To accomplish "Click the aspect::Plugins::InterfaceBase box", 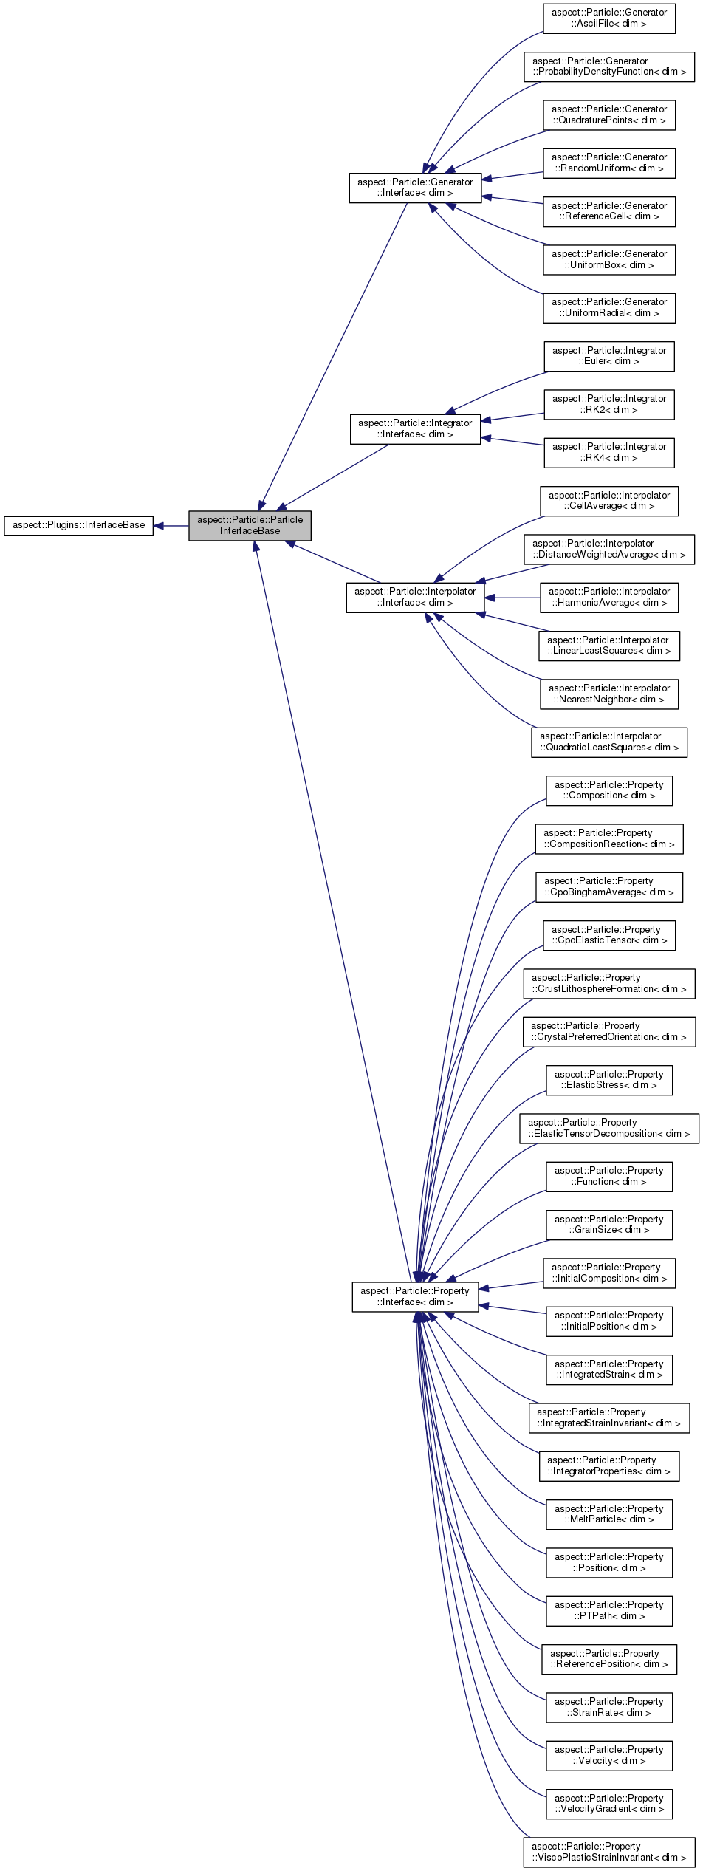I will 78,525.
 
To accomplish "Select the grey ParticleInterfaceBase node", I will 250,525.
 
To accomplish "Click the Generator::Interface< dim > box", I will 415,188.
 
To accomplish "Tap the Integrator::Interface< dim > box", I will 415,428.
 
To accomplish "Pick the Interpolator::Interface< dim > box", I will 415,597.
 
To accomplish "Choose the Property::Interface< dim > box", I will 415,1297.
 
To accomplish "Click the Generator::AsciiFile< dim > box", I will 608,18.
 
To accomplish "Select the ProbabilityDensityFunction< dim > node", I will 608,66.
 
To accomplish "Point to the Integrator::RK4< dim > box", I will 608,452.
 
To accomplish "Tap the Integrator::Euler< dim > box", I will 608,356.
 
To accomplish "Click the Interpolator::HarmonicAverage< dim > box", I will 608,597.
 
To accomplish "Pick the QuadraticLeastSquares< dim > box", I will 608,742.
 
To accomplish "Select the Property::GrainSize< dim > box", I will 608,1225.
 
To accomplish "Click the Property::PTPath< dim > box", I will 608,1610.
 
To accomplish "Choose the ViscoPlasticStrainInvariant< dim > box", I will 608,1852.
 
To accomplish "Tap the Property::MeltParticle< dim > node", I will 608,1514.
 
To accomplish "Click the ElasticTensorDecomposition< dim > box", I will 608,1128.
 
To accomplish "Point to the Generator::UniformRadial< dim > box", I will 608,307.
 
